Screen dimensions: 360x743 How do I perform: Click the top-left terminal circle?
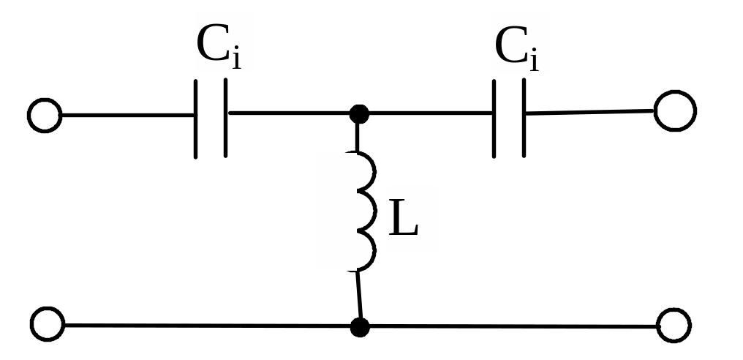(x=45, y=116)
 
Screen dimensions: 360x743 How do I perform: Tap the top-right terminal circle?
(x=674, y=111)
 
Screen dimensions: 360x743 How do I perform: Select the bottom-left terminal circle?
(x=48, y=323)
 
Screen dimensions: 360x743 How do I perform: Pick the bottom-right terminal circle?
(x=674, y=326)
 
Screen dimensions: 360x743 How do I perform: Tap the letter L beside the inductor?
(x=404, y=218)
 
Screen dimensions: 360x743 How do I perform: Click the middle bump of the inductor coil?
(x=366, y=212)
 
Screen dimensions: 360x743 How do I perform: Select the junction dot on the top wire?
(x=358, y=114)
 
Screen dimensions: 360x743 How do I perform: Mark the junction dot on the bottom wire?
(x=359, y=326)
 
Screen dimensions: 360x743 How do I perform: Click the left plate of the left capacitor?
(x=196, y=119)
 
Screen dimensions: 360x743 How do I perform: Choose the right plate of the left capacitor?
(x=225, y=119)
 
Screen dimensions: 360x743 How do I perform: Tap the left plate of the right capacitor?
(x=494, y=119)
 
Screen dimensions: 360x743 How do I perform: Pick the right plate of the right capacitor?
(x=524, y=119)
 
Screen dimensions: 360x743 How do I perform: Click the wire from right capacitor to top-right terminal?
(x=589, y=112)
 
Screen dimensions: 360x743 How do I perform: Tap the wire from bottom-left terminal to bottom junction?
(x=205, y=325)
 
